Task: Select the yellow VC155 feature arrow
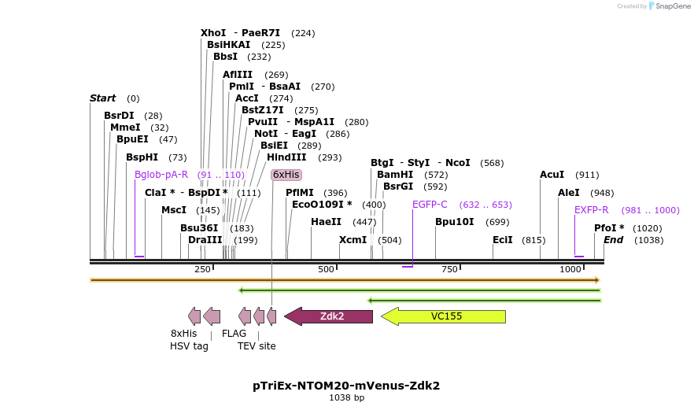click(x=444, y=316)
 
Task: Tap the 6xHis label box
click(x=286, y=175)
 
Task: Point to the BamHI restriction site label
click(x=395, y=175)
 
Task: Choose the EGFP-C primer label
click(x=430, y=205)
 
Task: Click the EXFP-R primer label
click(x=592, y=210)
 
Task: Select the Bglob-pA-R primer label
click(x=161, y=175)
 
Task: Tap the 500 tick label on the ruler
click(x=326, y=270)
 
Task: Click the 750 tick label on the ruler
click(x=449, y=270)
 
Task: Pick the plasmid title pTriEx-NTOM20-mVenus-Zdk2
click(x=346, y=386)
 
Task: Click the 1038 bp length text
click(x=346, y=398)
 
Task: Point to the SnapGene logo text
click(x=670, y=6)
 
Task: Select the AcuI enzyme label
click(x=552, y=175)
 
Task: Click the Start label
click(x=103, y=98)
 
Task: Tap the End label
click(x=614, y=240)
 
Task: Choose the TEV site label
click(x=257, y=345)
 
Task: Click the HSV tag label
click(x=190, y=345)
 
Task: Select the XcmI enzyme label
click(x=353, y=240)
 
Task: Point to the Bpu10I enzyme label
click(x=455, y=222)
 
